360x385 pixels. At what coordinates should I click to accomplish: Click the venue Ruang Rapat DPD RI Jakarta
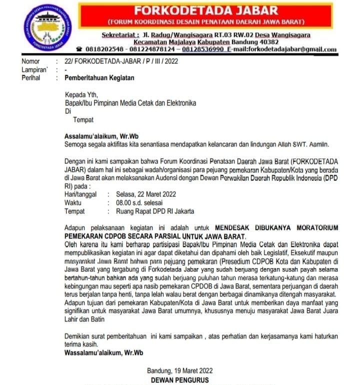point(155,211)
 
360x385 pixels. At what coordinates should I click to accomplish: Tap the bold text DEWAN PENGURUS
point(180,380)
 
